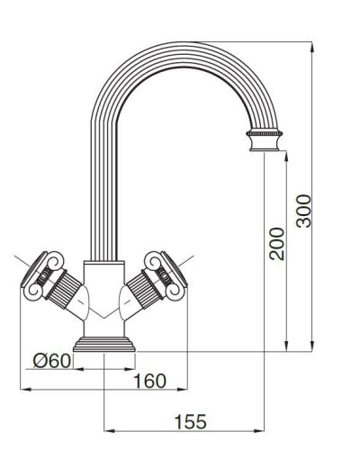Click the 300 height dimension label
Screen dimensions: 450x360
coord(304,211)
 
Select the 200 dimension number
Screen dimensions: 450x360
coord(277,243)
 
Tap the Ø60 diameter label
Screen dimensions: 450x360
coord(51,361)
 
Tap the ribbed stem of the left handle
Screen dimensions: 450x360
coord(67,290)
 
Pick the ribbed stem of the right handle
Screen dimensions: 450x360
coord(142,290)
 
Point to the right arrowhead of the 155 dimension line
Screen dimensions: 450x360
coord(265,431)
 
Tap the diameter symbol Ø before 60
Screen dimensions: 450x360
coord(40,361)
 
